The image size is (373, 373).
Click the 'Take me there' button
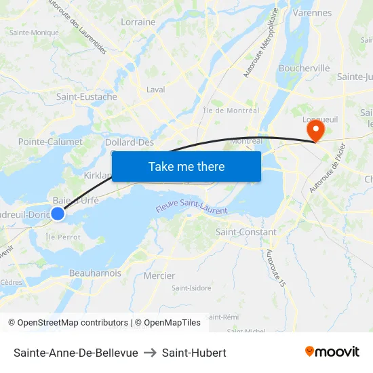tap(186, 166)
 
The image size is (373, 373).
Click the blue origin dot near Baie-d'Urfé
tap(58, 214)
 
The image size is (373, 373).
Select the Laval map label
tap(156, 90)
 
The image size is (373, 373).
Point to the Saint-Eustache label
tap(87, 97)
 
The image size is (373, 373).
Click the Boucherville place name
tap(305, 68)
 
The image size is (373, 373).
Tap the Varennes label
tap(312, 13)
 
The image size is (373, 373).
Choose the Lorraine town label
tap(138, 22)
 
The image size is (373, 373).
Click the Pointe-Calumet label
tap(50, 142)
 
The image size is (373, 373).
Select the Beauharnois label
tap(96, 273)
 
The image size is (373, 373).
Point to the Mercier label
tap(159, 276)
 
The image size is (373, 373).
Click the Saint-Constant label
tap(246, 232)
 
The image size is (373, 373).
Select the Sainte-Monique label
tap(34, 33)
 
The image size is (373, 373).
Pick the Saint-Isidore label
tap(191, 288)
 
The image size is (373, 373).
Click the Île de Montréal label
tap(231, 111)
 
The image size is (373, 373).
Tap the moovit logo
tap(332, 351)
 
